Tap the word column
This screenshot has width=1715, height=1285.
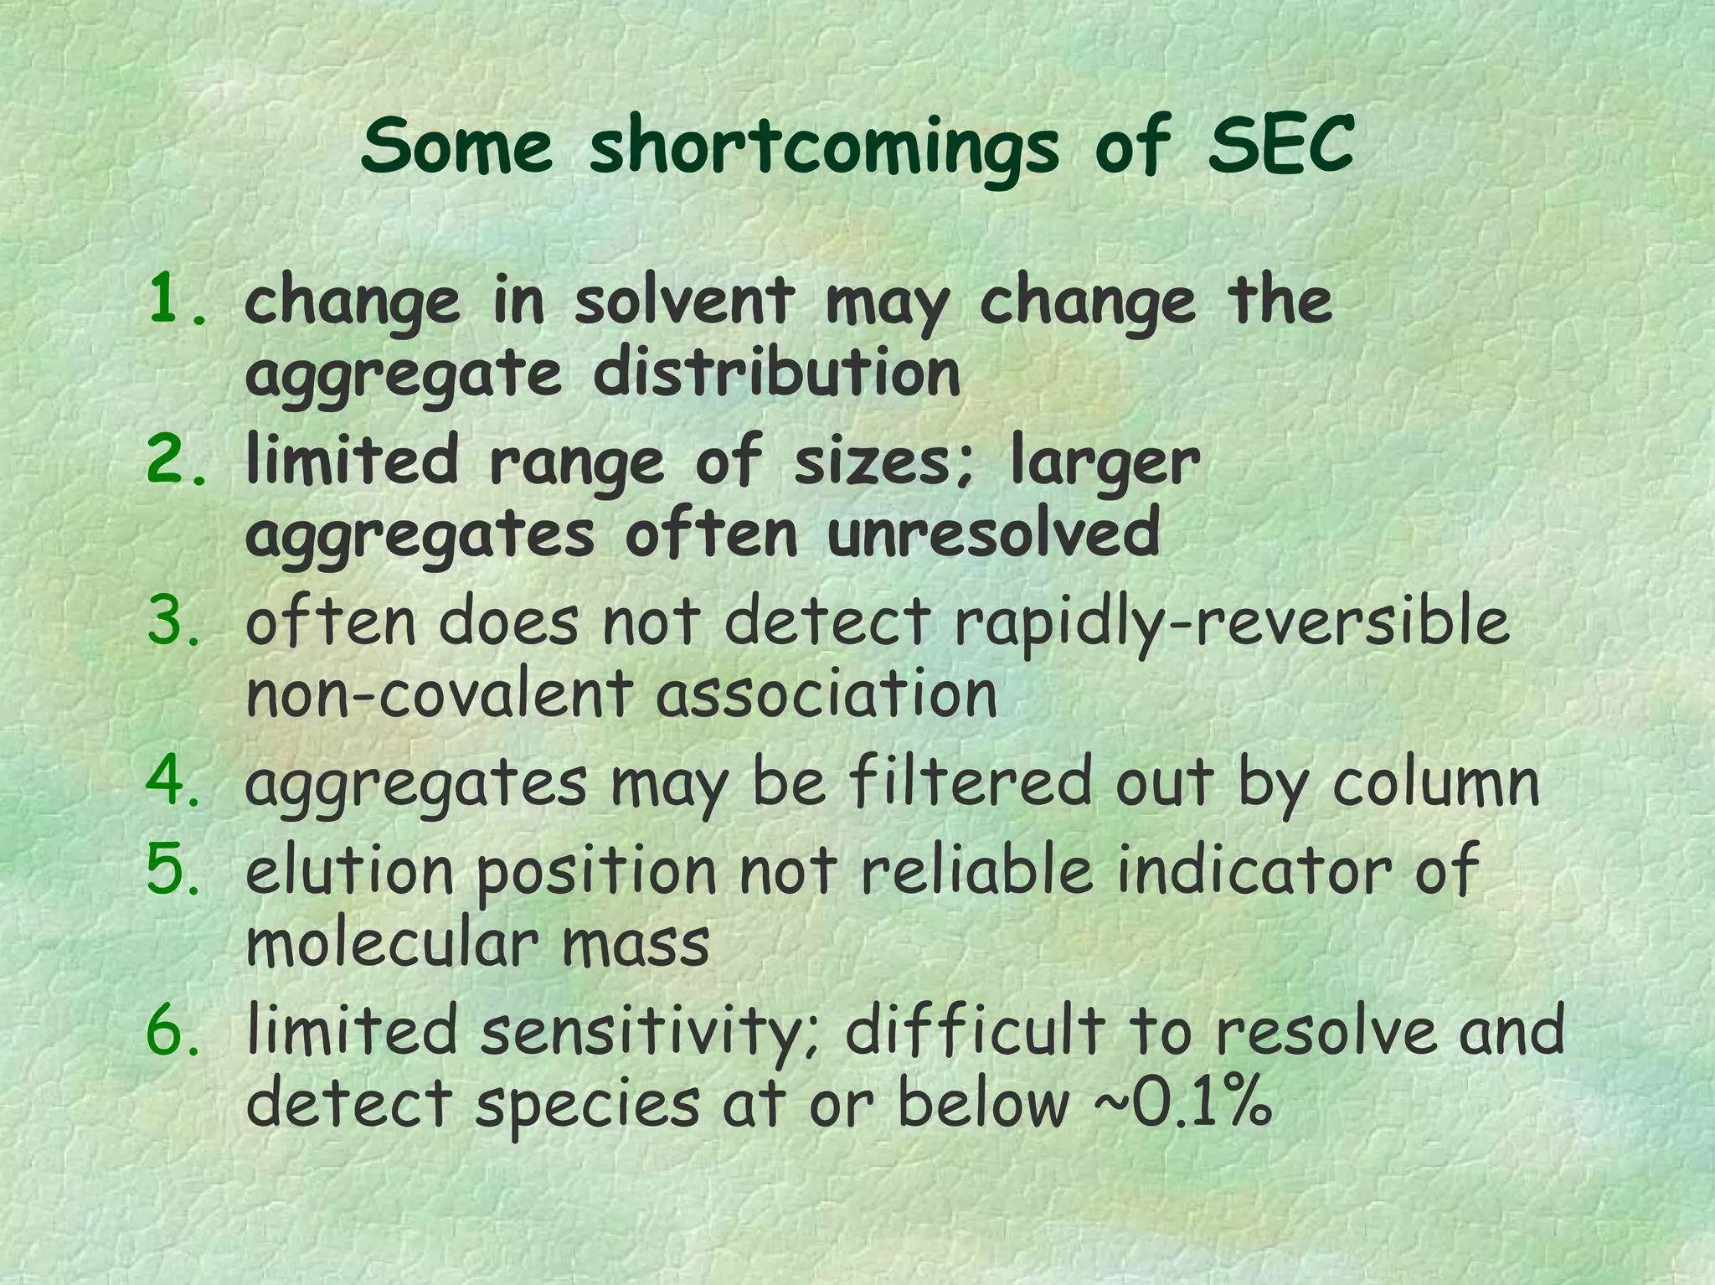pyautogui.click(x=1435, y=782)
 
